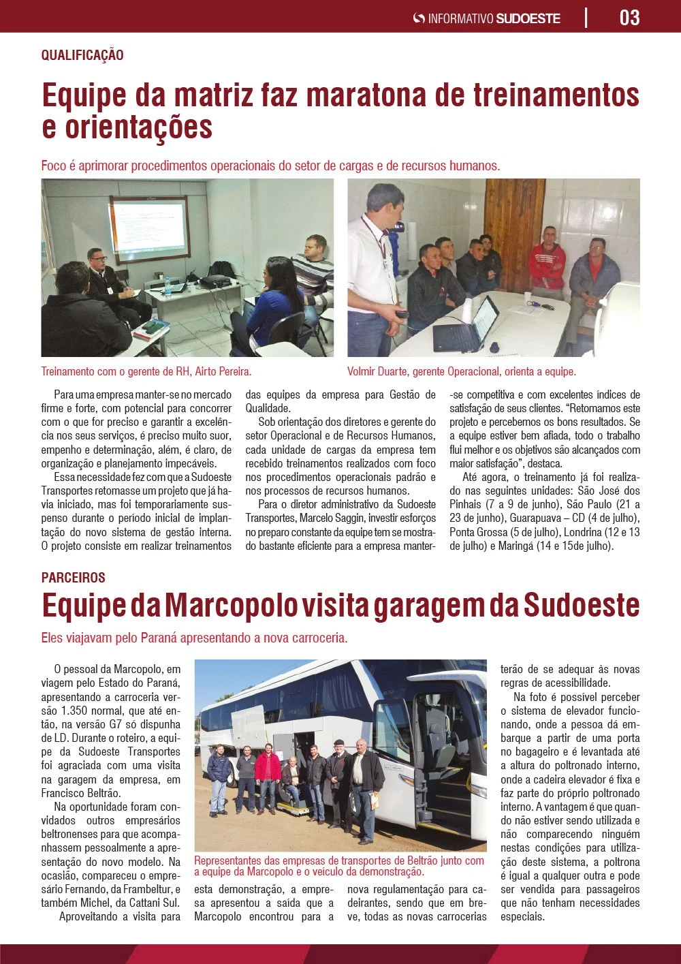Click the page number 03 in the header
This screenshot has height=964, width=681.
[x=629, y=17]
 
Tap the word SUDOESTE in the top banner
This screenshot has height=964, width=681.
[x=528, y=18]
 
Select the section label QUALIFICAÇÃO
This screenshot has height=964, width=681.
[x=82, y=55]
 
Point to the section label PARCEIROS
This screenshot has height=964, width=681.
[x=73, y=578]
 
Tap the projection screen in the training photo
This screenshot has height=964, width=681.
[x=149, y=227]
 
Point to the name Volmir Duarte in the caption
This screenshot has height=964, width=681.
[x=378, y=372]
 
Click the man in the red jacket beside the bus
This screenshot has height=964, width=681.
[x=268, y=777]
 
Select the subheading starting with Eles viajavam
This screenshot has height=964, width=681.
[x=194, y=638]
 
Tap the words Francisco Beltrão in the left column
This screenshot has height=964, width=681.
[x=80, y=793]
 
